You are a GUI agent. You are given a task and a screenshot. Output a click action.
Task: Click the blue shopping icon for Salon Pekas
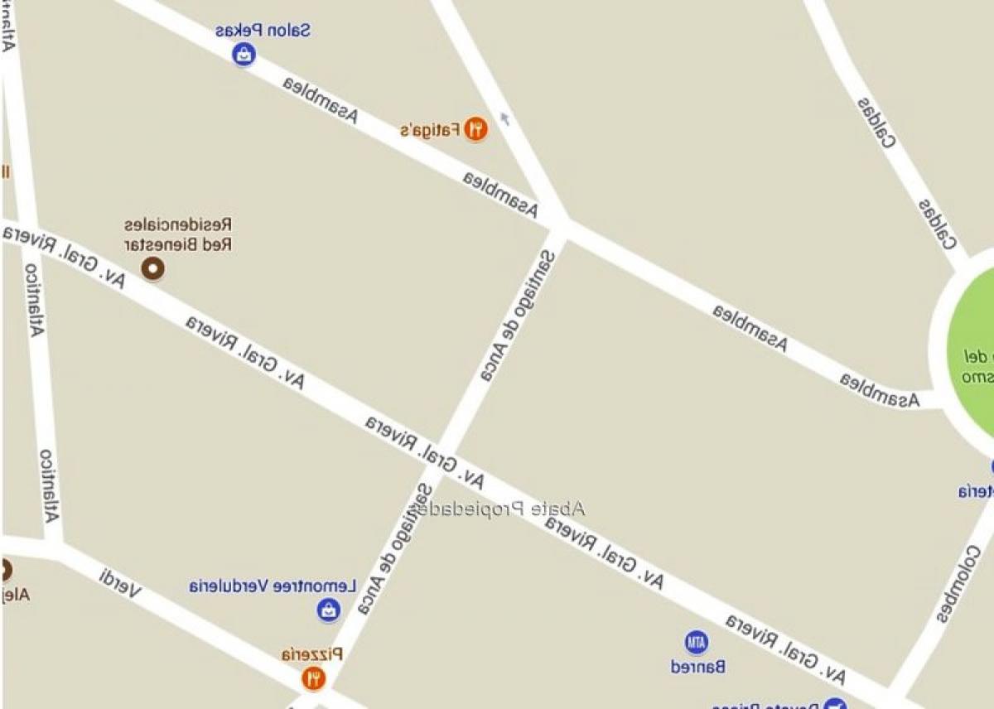244,55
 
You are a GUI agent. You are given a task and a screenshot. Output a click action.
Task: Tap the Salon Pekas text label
263,31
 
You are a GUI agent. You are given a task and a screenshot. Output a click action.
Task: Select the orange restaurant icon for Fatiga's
475,128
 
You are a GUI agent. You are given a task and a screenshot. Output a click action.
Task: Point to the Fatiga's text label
430,130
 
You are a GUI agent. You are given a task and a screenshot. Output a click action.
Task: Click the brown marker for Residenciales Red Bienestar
152,268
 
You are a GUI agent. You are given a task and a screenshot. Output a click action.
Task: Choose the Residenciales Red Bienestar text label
178,235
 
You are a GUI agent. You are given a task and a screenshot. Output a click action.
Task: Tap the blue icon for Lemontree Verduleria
329,610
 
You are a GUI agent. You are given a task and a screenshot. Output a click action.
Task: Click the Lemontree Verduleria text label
273,586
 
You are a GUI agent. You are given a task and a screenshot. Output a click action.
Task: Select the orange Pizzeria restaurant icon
313,678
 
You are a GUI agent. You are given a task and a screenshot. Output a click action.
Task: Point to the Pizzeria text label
312,654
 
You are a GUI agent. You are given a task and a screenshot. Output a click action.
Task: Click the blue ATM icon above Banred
697,642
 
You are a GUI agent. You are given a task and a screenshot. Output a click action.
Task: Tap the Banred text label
698,666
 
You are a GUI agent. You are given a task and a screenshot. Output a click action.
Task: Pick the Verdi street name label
120,583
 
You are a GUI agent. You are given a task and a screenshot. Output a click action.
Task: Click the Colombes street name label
960,585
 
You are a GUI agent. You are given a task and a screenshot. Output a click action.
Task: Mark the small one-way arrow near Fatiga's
505,119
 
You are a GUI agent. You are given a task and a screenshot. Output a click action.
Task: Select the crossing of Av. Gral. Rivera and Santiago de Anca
447,457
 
